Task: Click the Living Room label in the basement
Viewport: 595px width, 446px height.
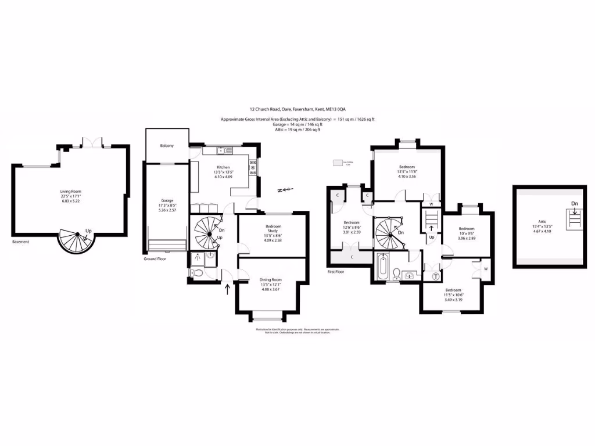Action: pos(69,191)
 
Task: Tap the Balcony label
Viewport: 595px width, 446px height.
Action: pos(167,146)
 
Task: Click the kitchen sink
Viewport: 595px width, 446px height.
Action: pos(224,151)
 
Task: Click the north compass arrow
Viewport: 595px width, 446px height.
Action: pos(284,189)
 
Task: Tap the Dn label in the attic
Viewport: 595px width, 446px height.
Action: pos(574,204)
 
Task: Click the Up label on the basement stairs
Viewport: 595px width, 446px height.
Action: pos(88,230)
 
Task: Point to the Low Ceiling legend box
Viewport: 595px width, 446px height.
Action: pos(340,164)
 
